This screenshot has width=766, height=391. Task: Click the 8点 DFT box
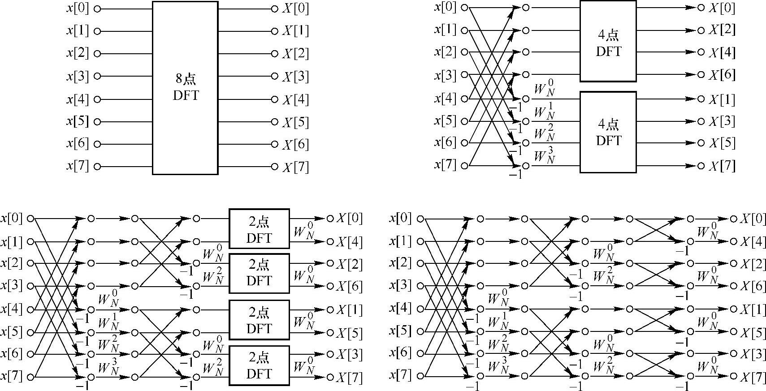click(185, 88)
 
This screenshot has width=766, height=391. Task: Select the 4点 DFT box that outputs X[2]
click(608, 41)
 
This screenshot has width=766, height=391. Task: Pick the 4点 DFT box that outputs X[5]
click(608, 132)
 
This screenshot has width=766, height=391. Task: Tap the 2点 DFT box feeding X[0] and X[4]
click(259, 228)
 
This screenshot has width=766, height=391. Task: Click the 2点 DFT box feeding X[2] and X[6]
click(259, 273)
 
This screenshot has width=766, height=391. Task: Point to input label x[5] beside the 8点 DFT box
click(78, 121)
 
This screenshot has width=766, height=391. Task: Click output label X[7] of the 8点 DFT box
click(295, 167)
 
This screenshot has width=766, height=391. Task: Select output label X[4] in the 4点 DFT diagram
click(722, 52)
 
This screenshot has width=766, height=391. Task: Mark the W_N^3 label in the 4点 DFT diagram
click(544, 157)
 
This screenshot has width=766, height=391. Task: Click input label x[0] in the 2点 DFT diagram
click(12, 219)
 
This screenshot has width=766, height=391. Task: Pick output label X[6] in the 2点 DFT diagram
click(349, 286)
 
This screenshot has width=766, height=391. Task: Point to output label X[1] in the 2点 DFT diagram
click(349, 309)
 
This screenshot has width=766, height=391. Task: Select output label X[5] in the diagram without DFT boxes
click(753, 332)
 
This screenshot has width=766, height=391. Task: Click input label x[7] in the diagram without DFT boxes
click(400, 375)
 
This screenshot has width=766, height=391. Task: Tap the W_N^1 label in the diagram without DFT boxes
click(498, 322)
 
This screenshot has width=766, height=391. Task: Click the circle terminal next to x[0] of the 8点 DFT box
click(97, 9)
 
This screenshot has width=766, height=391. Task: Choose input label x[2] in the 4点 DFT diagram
click(445, 52)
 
